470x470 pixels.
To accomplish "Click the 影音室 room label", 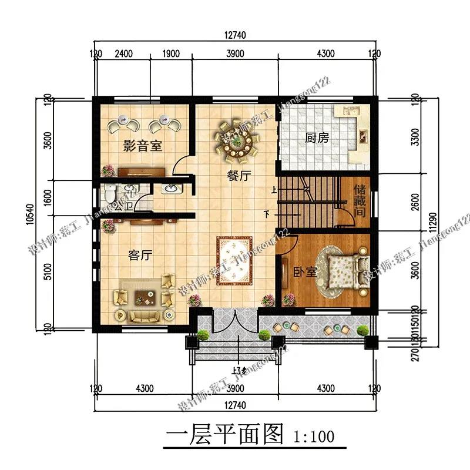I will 142,146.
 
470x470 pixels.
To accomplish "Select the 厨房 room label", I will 317,139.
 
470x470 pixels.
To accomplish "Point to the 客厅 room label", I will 140,256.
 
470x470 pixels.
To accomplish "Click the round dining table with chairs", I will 236,141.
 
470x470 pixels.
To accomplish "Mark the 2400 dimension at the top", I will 123,54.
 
